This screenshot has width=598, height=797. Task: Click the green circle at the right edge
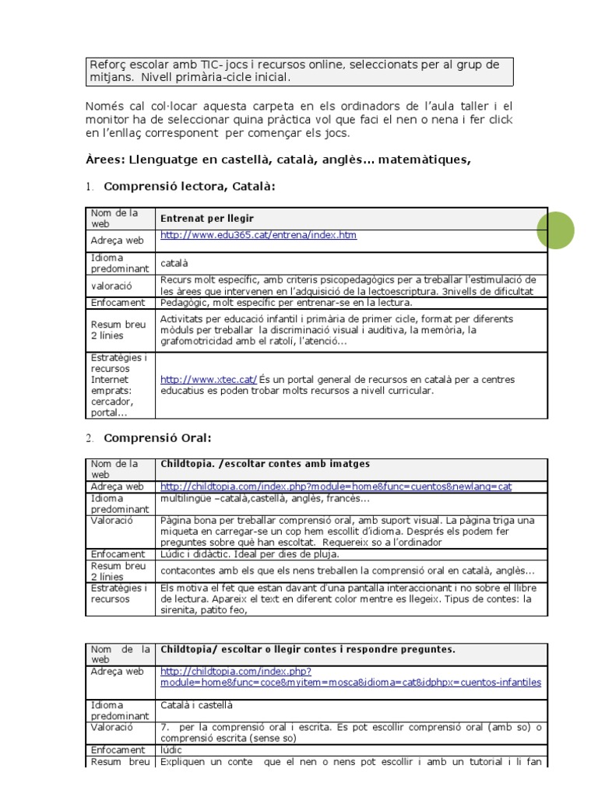pos(555,230)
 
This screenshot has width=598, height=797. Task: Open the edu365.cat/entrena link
pos(259,235)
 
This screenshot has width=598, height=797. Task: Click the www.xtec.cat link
pos(209,379)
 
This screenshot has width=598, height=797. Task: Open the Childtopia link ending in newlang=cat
pos(336,486)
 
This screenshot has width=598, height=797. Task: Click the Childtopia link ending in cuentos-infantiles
pos(350,683)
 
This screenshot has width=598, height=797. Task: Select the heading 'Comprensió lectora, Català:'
pos(189,187)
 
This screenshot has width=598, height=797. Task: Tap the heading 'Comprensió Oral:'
pos(157,437)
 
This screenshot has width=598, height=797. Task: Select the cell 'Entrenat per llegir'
pos(207,219)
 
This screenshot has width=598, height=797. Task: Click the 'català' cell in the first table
pos(175,264)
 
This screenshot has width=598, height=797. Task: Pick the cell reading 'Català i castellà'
pos(196,705)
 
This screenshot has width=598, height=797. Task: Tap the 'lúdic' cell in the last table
pos(171,750)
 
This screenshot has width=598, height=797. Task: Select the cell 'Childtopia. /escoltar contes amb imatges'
pos(259,464)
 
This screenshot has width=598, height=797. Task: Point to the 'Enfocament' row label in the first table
pos(118,303)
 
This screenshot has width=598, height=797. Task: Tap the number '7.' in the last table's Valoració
pos(165,727)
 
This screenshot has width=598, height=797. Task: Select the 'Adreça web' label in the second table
pos(117,486)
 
